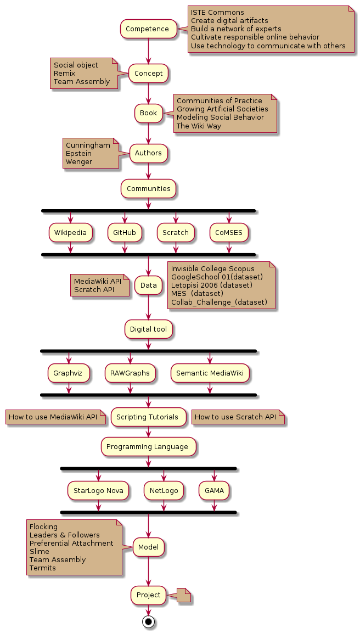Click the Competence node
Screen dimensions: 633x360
click(148, 29)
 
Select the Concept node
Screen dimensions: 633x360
click(148, 73)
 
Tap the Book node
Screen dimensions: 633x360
click(148, 113)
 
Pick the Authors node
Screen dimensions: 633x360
click(148, 153)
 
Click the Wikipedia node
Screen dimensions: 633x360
click(70, 233)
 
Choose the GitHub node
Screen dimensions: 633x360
click(125, 233)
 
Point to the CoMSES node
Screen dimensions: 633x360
click(229, 233)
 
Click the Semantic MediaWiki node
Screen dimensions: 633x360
click(210, 373)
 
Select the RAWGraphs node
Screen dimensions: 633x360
click(130, 373)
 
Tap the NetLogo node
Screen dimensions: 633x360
click(164, 490)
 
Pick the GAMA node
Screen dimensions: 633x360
click(214, 490)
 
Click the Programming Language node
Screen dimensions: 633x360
click(148, 447)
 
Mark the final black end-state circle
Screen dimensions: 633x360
click(148, 621)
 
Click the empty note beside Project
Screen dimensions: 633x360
click(183, 595)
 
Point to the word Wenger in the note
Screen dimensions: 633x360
click(79, 162)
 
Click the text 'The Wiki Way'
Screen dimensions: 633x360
click(199, 126)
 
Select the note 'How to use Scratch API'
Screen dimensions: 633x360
click(237, 417)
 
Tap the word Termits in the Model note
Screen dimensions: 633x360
click(43, 568)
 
